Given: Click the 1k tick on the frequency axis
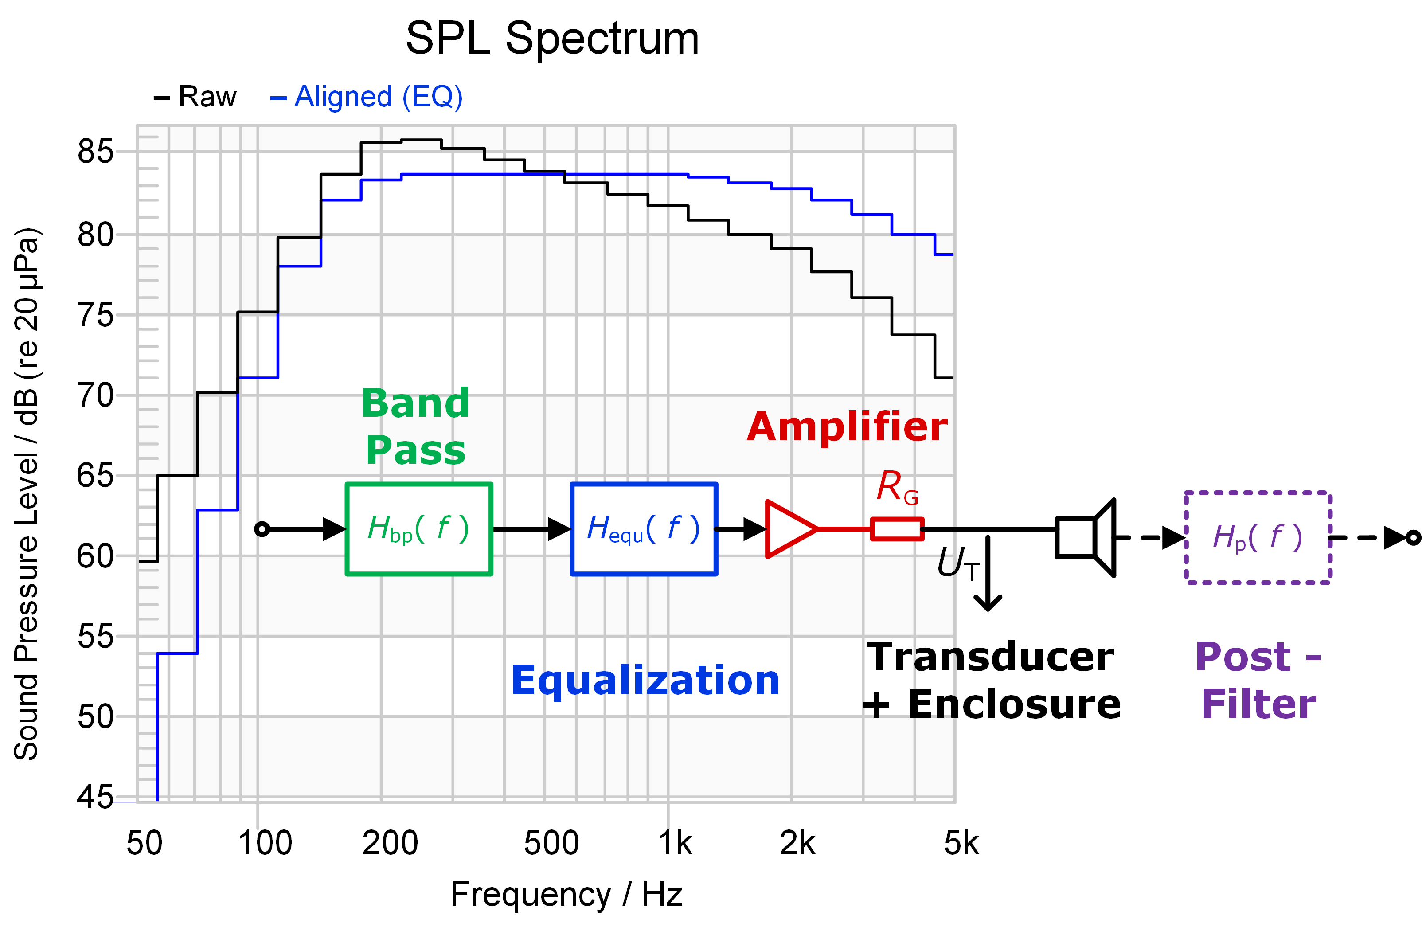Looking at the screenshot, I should tap(675, 844).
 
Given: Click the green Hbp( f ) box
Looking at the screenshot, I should tap(419, 529).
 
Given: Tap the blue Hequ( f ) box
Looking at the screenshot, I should tap(644, 529).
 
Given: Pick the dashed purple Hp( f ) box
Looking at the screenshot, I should tap(1258, 537).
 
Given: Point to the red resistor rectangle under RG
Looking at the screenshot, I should tap(897, 529).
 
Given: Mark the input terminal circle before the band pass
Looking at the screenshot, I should tap(262, 529).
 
